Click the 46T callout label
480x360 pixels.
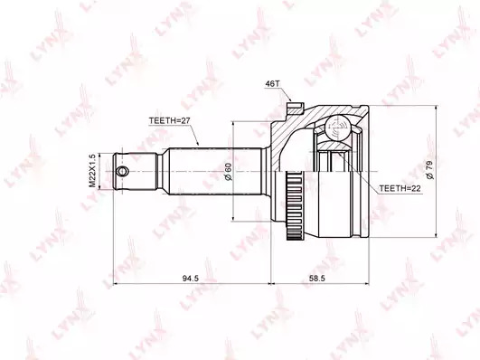[270, 84]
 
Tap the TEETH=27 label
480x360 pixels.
[170, 120]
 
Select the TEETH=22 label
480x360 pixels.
[400, 188]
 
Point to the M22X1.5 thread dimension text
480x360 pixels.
[92, 170]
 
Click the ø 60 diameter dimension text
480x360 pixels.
[229, 172]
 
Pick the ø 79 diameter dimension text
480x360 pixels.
[429, 169]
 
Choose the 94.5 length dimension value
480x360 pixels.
[191, 279]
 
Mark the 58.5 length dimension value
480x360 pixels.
[316, 279]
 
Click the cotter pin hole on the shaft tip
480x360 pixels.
[122, 171]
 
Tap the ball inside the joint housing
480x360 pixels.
[337, 128]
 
